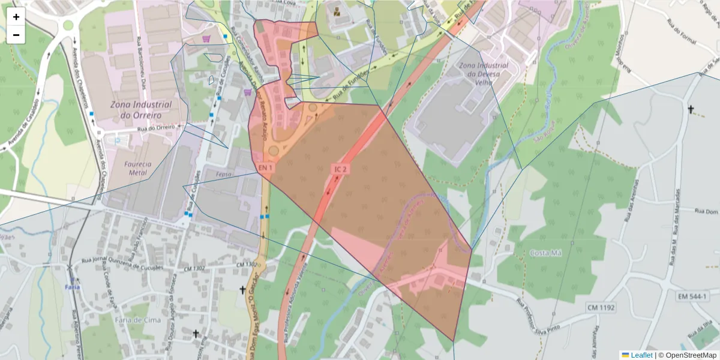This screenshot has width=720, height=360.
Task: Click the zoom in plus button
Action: tap(16, 17)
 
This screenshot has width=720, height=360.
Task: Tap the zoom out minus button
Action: tap(16, 35)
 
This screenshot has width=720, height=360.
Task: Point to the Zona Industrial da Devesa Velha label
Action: tap(482, 73)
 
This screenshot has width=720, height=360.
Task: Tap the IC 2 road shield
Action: tap(341, 170)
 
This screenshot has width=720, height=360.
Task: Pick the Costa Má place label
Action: tap(545, 253)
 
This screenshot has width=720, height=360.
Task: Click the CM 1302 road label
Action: tap(246, 265)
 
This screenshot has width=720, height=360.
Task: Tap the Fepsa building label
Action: tap(223, 175)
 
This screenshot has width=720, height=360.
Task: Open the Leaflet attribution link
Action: tap(641, 355)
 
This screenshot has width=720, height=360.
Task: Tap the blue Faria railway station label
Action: tap(72, 287)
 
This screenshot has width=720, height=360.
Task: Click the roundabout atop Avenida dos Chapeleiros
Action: tap(68, 25)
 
